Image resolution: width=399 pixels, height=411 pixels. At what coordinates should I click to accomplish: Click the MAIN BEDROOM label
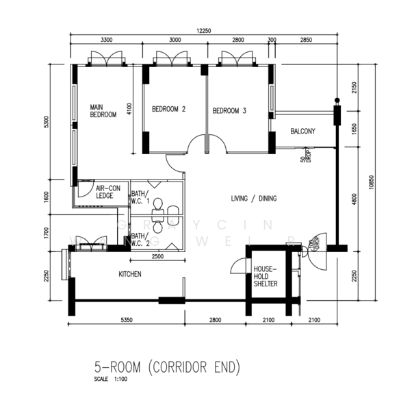(x=103, y=111)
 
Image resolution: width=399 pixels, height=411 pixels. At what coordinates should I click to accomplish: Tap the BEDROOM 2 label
(x=169, y=110)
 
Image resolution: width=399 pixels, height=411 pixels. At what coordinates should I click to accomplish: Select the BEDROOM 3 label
(x=229, y=110)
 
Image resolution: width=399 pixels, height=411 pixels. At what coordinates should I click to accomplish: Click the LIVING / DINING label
(x=253, y=199)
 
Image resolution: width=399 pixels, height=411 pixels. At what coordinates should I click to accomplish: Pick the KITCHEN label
(x=130, y=274)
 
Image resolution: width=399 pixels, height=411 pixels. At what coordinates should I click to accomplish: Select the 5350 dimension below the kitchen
(x=127, y=320)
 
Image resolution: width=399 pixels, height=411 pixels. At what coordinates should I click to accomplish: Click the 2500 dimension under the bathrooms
(x=157, y=256)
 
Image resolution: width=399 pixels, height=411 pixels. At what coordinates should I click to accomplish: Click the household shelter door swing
(x=236, y=266)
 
